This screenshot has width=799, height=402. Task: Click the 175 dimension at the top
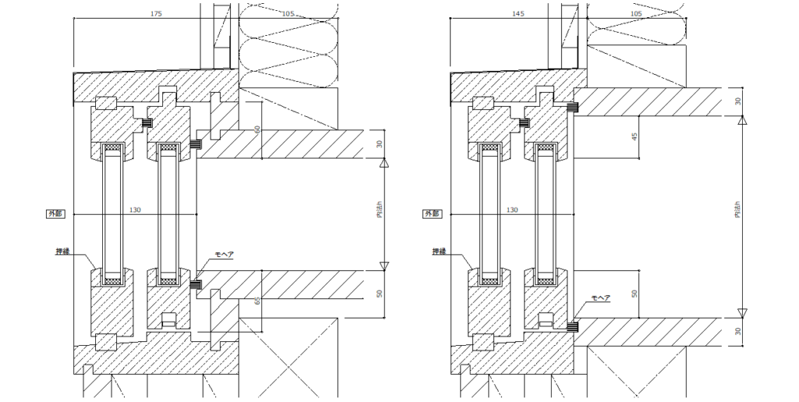[x=155, y=14]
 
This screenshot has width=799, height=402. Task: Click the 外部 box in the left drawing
[x=55, y=212]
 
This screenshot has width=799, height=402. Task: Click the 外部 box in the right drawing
[x=431, y=212]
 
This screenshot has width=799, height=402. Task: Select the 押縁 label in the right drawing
[x=439, y=251]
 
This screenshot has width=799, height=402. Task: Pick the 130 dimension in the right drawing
[x=512, y=209]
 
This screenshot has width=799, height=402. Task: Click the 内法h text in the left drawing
[x=379, y=212]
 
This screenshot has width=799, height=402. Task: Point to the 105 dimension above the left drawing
[x=288, y=14]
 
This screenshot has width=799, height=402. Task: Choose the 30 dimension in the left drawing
[x=379, y=144]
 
